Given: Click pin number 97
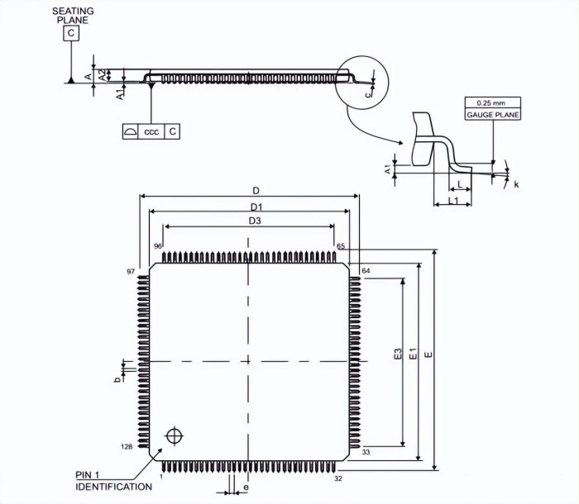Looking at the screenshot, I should click(x=130, y=271).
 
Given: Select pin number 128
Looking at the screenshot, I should click(x=127, y=446).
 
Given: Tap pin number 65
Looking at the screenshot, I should click(x=341, y=246).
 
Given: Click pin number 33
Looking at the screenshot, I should click(x=365, y=451).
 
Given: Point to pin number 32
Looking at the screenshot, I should click(x=338, y=478).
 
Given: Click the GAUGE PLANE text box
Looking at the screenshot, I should click(x=493, y=115).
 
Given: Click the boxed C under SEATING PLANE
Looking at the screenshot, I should click(x=72, y=33).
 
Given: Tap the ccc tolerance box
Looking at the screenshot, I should click(x=151, y=131).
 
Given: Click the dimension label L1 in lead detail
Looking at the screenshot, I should click(x=453, y=201).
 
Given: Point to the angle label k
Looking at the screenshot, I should click(x=516, y=184).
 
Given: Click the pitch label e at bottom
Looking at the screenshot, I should click(x=246, y=488).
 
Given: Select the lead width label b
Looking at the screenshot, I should click(x=117, y=378).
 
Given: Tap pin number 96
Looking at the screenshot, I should click(x=157, y=246).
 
